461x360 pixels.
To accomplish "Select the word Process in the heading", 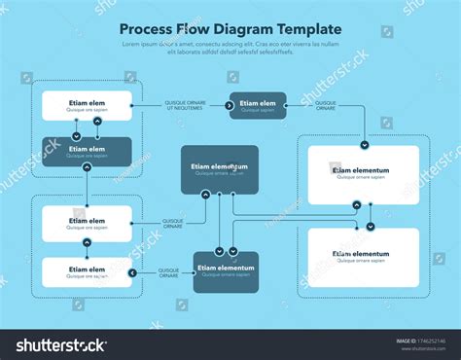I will point(145,29).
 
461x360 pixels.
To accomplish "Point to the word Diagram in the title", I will point(242,29).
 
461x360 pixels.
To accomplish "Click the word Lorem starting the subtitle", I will point(129,44).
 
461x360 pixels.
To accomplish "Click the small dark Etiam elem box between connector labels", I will point(258,105).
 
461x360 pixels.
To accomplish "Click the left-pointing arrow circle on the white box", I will point(131,272).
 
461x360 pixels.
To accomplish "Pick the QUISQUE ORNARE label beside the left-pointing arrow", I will point(168,272).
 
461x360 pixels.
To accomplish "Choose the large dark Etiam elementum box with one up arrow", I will point(220,168).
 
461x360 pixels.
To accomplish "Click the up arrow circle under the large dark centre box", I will point(205,195).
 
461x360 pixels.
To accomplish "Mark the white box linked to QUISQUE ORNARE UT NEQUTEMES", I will point(87,105).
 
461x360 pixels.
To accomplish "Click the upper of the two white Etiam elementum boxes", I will point(362,175).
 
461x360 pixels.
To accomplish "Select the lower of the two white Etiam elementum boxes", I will point(362,257).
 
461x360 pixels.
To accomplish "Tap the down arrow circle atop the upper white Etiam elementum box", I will point(364,144).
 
